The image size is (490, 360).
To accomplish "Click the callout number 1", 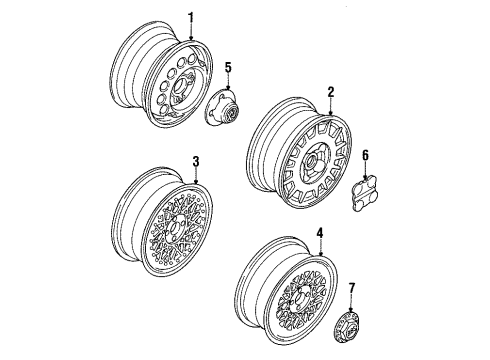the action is coord(191,18).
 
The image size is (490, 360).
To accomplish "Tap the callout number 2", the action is coord(330,92).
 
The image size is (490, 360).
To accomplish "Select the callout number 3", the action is coord(196,162).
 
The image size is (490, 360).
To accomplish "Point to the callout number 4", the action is coord(320,233).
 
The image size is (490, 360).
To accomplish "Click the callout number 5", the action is coord(228,68).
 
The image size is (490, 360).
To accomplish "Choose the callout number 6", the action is coord(365,156).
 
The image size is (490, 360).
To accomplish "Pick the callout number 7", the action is coord(351,289).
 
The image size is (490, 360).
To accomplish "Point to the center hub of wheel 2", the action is coord(312,161).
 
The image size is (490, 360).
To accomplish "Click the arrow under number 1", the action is coord(191,33).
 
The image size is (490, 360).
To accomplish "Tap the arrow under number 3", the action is coord(196,176).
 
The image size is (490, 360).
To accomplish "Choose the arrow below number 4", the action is coord(320,247).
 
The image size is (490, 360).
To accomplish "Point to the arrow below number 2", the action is coord(330,107).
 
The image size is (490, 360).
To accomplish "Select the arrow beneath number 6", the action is coord(366,171).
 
